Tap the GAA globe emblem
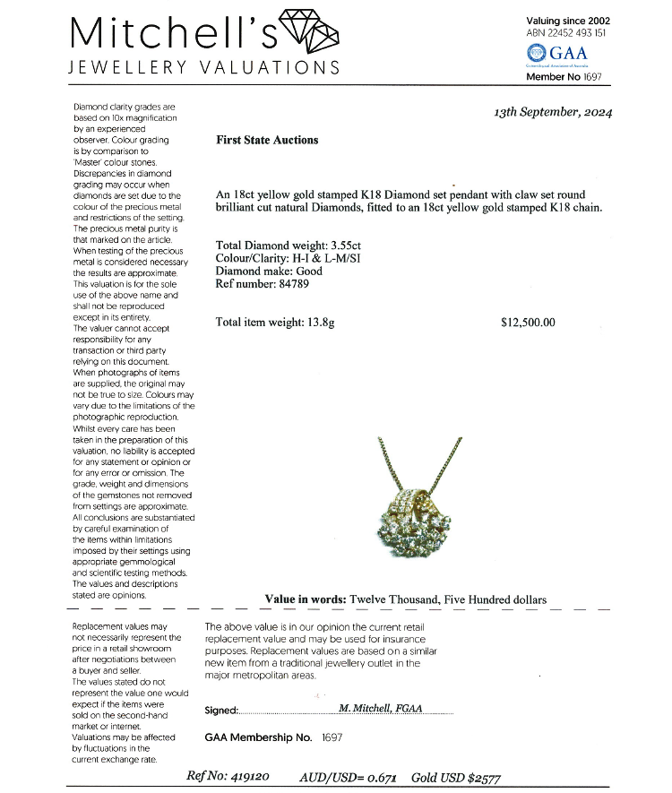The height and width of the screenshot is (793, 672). [x=538, y=55]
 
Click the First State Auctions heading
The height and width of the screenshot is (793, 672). [x=267, y=140]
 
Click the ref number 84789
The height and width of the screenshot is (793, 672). [x=291, y=284]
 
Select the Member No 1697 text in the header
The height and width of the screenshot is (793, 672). [x=564, y=77]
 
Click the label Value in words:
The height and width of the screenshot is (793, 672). [x=305, y=599]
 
